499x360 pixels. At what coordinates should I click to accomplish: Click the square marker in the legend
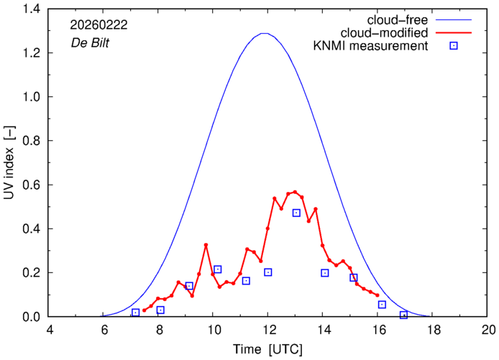coord(453,47)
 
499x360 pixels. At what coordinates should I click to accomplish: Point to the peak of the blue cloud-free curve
coord(265,33)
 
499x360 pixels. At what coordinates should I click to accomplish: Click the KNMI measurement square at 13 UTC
coord(296,213)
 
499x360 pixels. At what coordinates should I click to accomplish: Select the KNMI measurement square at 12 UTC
coord(268,272)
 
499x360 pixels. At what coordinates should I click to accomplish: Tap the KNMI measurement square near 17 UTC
coord(404,315)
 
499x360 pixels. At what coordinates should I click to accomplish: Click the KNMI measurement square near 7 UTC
coord(135,313)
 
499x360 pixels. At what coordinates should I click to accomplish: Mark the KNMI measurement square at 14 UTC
coord(325,273)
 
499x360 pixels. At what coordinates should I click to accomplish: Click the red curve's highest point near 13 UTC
coord(295,192)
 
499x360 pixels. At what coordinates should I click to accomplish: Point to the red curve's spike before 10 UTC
coord(206,245)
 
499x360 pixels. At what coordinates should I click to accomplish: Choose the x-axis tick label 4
coord(50,331)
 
